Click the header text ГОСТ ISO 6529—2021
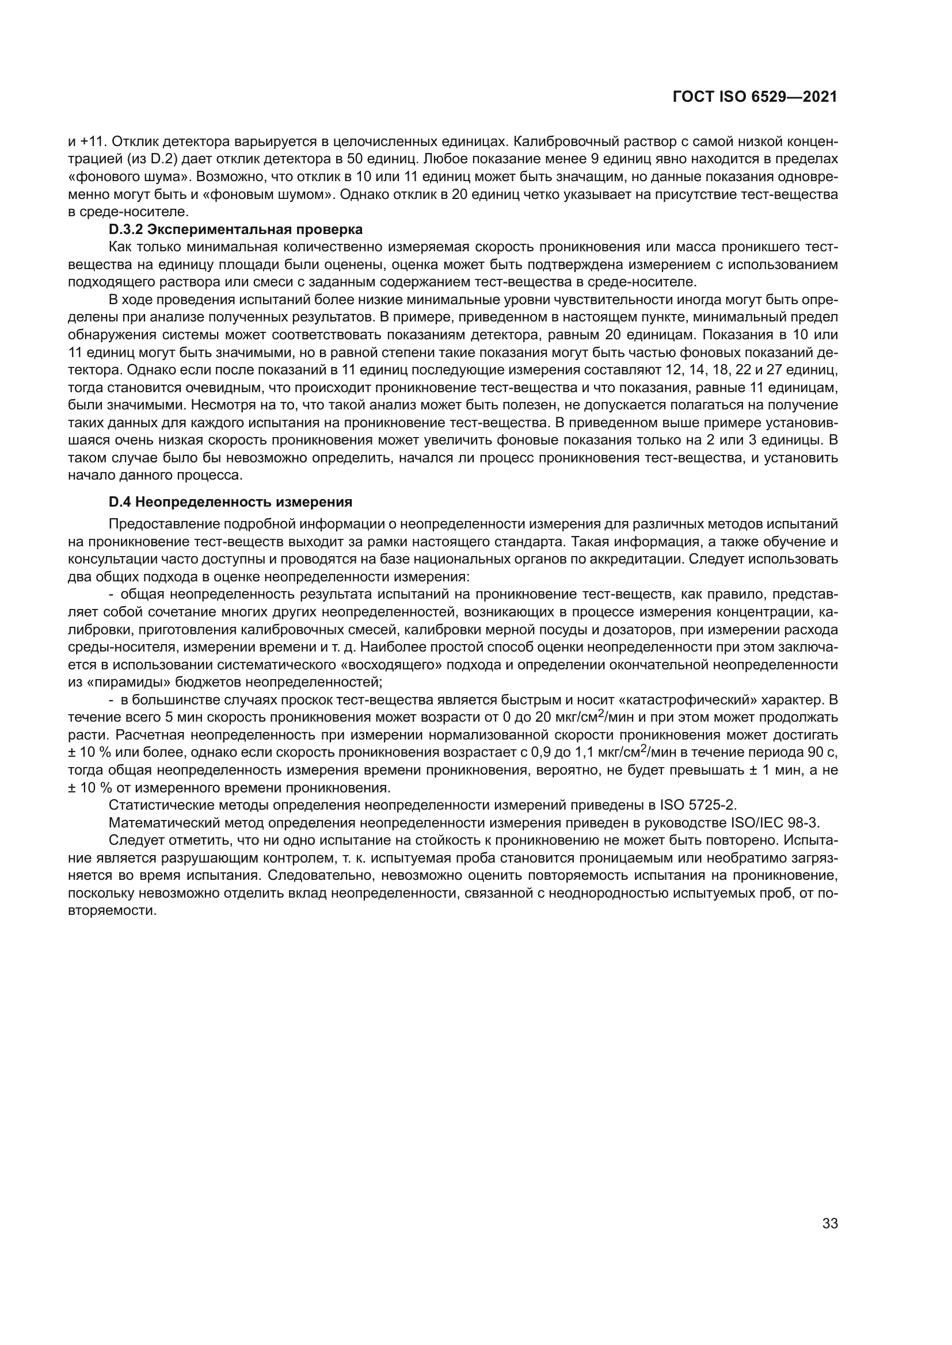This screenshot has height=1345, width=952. point(755,98)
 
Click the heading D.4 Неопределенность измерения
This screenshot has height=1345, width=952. point(230,502)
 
